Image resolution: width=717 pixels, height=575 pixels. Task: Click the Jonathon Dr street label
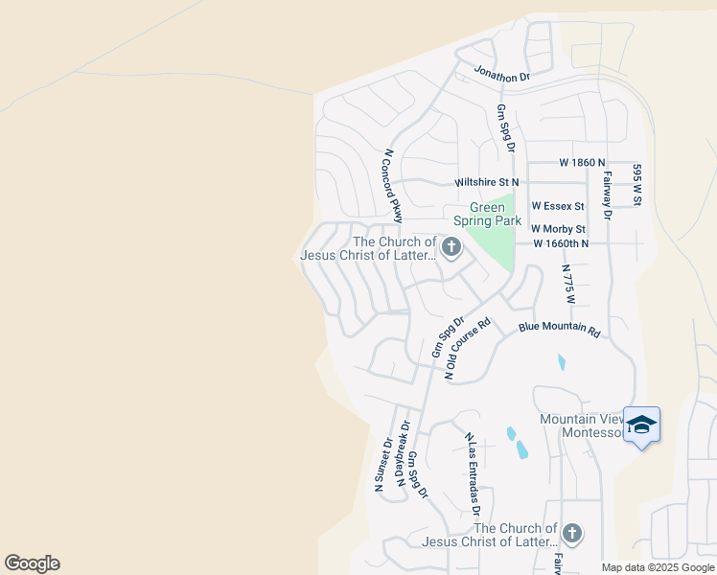500,75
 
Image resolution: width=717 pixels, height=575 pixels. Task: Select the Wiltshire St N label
486,181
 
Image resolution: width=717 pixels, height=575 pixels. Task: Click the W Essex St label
558,206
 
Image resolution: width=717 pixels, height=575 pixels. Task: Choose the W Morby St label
558,229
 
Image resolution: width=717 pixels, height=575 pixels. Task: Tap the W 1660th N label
561,243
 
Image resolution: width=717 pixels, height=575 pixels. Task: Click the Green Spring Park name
495,214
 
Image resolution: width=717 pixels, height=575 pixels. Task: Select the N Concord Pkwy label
392,185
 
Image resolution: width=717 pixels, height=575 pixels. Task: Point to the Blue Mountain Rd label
559,328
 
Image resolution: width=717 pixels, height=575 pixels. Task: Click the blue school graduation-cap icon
640,425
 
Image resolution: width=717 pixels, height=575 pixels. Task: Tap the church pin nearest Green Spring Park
451,249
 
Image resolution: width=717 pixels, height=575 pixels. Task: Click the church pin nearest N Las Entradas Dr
572,533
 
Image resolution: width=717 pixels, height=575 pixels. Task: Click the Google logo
32,563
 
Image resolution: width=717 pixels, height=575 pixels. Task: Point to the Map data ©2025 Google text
658,567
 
